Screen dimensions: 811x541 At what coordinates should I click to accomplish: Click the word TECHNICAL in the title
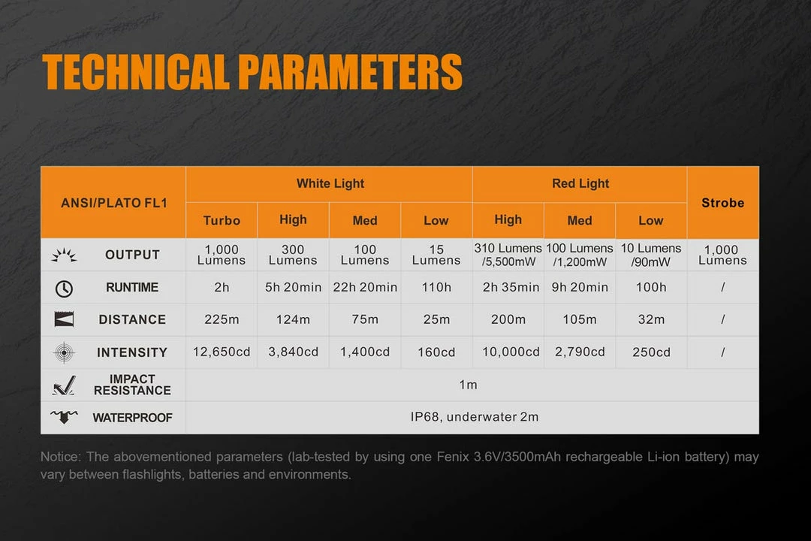tap(136, 72)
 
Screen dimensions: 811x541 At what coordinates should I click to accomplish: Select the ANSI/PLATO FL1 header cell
tap(114, 202)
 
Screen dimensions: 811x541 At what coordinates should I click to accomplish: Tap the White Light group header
tap(330, 184)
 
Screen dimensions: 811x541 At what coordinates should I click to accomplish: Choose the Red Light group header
tap(580, 184)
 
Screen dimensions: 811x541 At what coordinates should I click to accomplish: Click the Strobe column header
tap(723, 202)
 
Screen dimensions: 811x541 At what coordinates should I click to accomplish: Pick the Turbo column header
tap(222, 221)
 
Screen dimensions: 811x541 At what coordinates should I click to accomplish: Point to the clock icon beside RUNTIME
tap(64, 289)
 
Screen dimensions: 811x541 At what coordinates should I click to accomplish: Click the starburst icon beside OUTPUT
tap(64, 255)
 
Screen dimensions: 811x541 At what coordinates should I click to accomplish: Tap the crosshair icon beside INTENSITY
tap(64, 352)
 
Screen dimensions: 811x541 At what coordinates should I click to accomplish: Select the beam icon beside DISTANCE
tap(64, 319)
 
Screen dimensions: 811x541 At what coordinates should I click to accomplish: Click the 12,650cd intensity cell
tap(222, 352)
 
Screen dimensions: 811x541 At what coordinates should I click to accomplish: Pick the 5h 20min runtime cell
tap(294, 287)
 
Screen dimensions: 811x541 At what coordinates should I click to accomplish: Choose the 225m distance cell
tap(222, 319)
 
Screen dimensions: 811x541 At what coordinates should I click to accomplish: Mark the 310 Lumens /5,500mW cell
tap(508, 255)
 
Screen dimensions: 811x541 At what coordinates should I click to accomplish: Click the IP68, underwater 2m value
tap(475, 417)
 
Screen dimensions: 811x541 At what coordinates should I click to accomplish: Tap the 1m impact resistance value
tap(468, 385)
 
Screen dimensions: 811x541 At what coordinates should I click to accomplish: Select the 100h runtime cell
tap(651, 287)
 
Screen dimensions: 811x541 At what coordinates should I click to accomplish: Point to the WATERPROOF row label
tap(132, 418)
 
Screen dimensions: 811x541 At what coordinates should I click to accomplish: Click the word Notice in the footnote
tap(61, 457)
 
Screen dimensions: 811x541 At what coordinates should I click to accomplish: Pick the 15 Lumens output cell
tap(436, 255)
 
